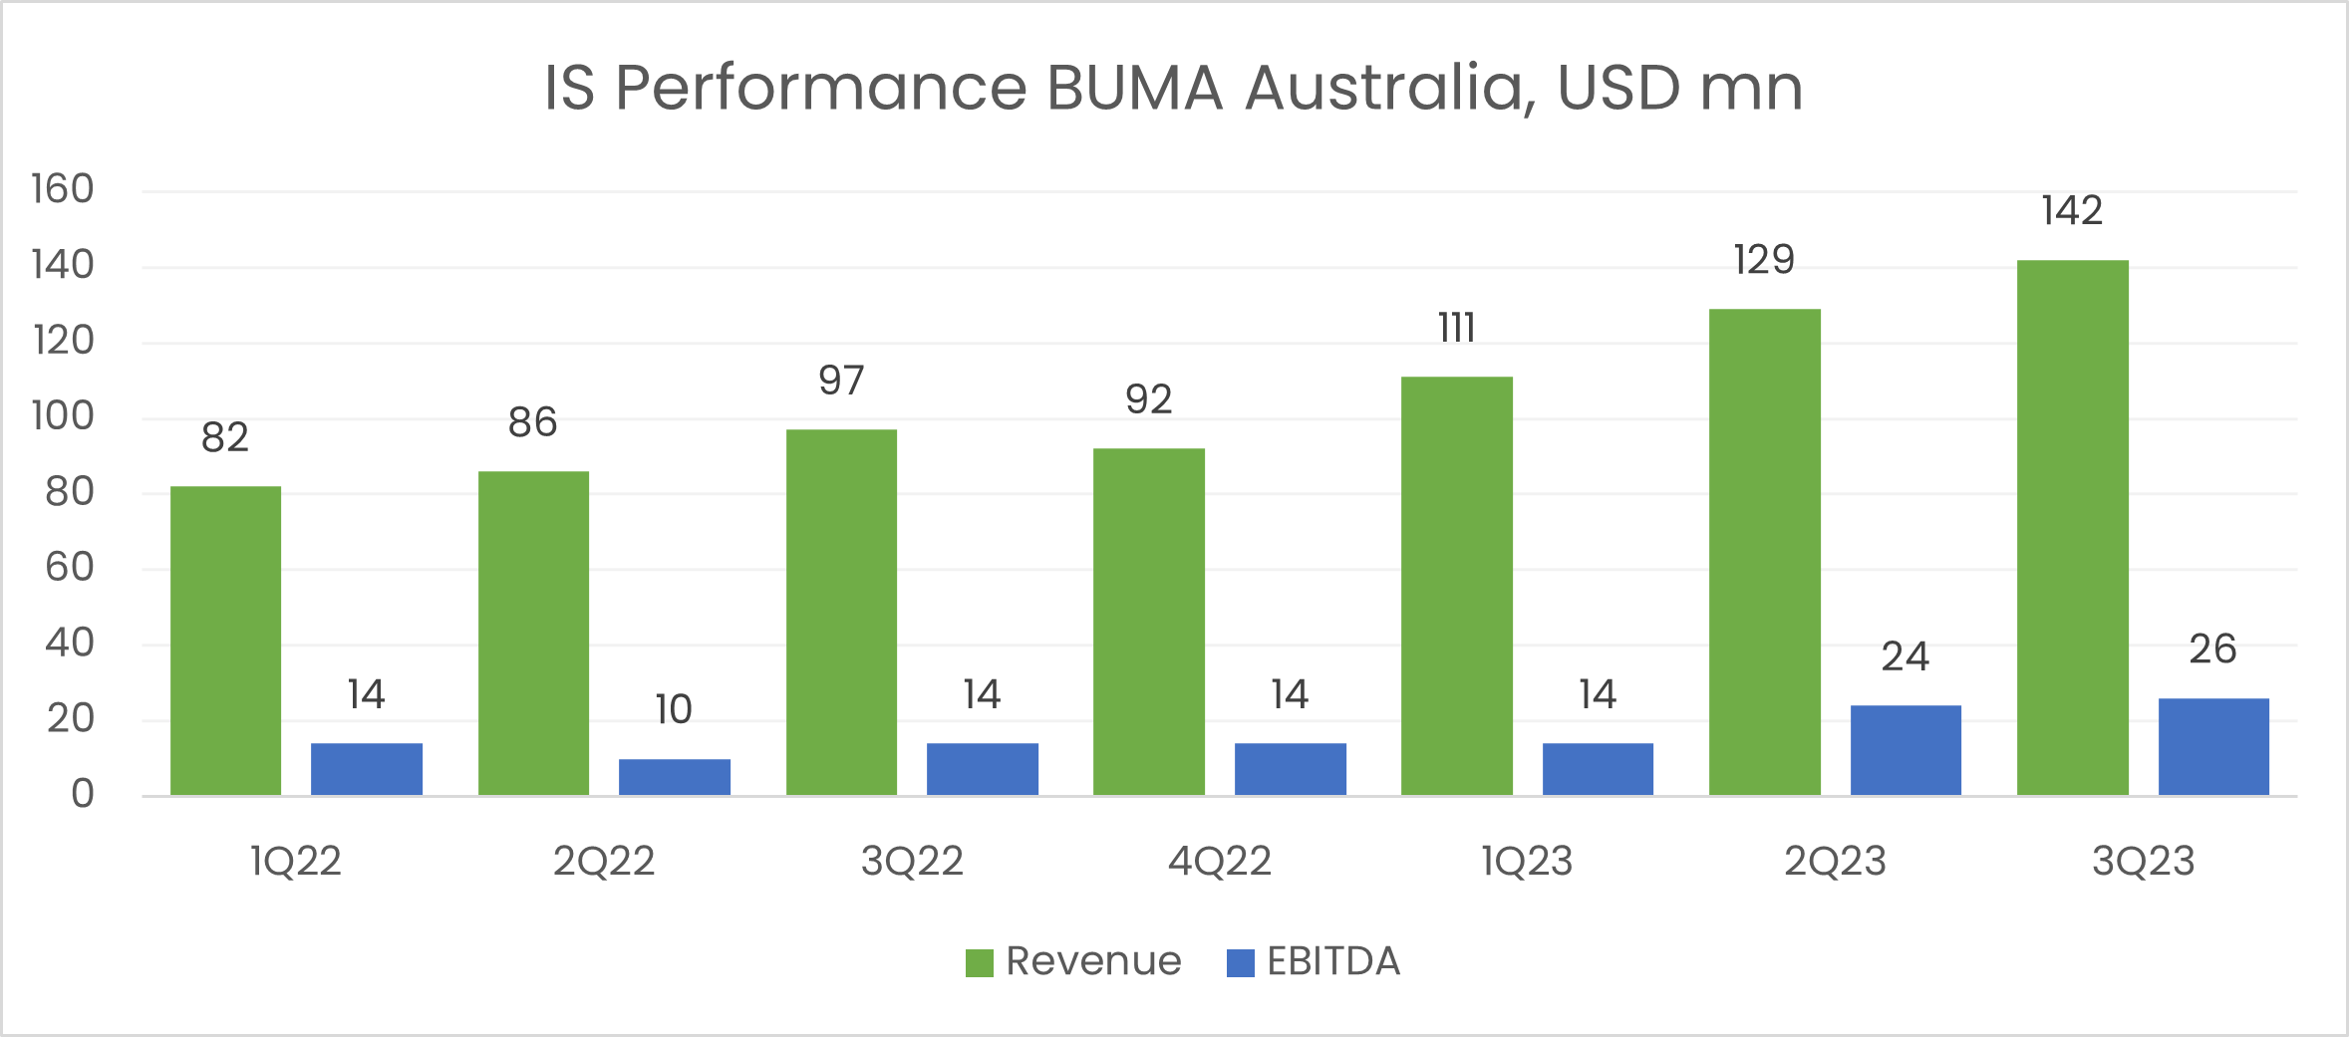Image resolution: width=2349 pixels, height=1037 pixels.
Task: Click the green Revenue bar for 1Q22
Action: (x=225, y=641)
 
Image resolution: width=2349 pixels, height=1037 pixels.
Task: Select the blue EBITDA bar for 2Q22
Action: (x=674, y=777)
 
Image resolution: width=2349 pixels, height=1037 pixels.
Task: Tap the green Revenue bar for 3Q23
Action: (x=2072, y=528)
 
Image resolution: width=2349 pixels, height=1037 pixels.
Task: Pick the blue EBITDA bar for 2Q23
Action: (x=1905, y=750)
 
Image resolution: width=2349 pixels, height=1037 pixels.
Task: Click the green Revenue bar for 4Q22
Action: (x=1148, y=622)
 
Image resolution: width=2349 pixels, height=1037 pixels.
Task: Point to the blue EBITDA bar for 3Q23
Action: (x=2212, y=746)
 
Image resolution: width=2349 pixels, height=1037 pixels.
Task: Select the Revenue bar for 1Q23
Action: (x=1456, y=586)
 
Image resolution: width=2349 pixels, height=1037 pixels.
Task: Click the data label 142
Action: (x=2072, y=211)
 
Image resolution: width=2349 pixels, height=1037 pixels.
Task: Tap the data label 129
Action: (x=1764, y=260)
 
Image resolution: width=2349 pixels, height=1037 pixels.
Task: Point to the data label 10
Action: (x=674, y=709)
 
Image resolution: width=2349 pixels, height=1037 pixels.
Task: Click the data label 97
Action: (x=841, y=381)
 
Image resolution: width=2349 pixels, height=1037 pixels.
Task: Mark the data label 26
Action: (x=2212, y=649)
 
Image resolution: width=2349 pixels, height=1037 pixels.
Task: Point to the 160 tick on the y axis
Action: (x=63, y=189)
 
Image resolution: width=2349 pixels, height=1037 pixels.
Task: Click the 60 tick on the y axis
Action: (x=69, y=568)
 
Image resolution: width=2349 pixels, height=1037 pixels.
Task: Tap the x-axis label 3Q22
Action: (x=912, y=861)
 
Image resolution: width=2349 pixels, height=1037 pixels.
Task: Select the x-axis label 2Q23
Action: (x=1835, y=861)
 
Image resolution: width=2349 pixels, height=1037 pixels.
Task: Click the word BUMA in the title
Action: (x=1134, y=88)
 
